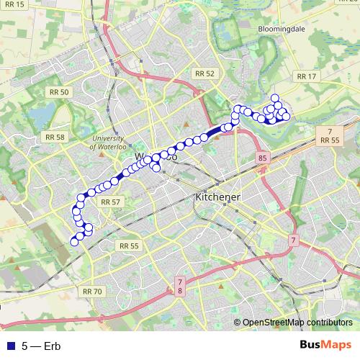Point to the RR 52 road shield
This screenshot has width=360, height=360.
pyautogui.click(x=204, y=73)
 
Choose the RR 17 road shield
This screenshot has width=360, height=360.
pyautogui.click(x=306, y=76)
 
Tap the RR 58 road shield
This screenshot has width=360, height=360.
pyautogui.click(x=54, y=137)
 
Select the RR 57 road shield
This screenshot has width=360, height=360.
pyautogui.click(x=110, y=202)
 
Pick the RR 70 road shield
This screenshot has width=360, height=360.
pyautogui.click(x=92, y=291)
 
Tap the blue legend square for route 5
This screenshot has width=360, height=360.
pyautogui.click(x=10, y=346)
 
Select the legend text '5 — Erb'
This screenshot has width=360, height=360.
pyautogui.click(x=42, y=346)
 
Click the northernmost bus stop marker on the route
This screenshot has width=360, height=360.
pyautogui.click(x=274, y=98)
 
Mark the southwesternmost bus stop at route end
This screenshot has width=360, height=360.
pyautogui.click(x=73, y=242)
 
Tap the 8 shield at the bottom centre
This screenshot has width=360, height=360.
pyautogui.click(x=179, y=290)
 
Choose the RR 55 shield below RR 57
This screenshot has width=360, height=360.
pyautogui.click(x=129, y=246)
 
